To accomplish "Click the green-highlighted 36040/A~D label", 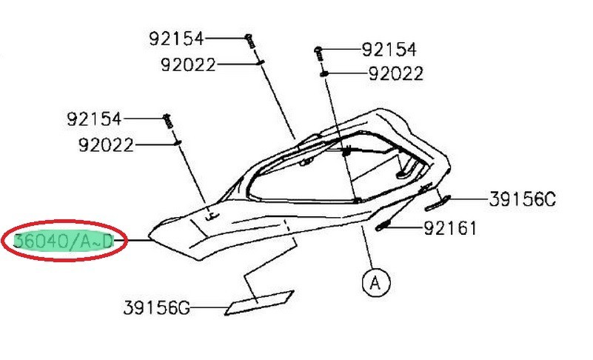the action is (63, 241).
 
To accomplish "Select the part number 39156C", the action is (522, 199).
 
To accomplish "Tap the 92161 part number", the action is (450, 228).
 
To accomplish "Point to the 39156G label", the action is (156, 307).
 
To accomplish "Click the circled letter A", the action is (375, 282).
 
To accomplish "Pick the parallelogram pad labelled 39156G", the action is (259, 302).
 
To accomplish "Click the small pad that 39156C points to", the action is (438, 203).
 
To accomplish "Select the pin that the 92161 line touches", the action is (383, 227).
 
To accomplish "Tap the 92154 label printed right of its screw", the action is (389, 50).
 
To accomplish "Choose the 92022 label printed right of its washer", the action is (396, 74).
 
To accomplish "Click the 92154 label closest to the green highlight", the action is (94, 119).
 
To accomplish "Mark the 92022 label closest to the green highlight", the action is (106, 145).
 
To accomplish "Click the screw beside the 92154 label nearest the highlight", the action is (168, 121).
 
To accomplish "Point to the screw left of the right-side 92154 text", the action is (318, 54).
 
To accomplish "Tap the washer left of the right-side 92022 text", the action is (324, 74).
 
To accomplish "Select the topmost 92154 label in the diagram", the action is (176, 39).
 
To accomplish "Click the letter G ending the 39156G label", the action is (184, 308).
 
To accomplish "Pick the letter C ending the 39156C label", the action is (550, 199).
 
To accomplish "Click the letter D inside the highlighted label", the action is (108, 241).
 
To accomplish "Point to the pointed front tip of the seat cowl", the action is (150, 237).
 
